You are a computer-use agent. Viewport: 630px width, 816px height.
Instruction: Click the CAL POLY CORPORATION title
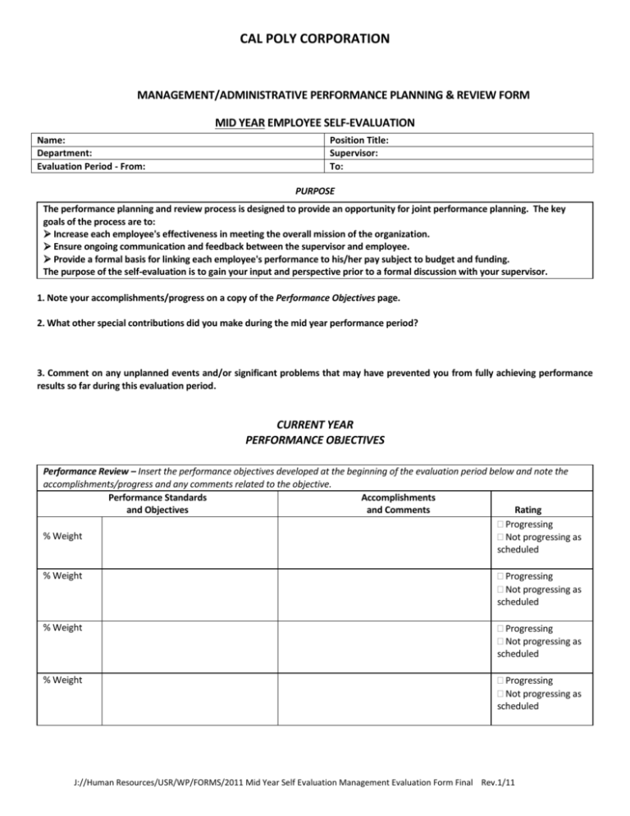point(315,39)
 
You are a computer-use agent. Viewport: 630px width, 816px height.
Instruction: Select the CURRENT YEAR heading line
point(315,425)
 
